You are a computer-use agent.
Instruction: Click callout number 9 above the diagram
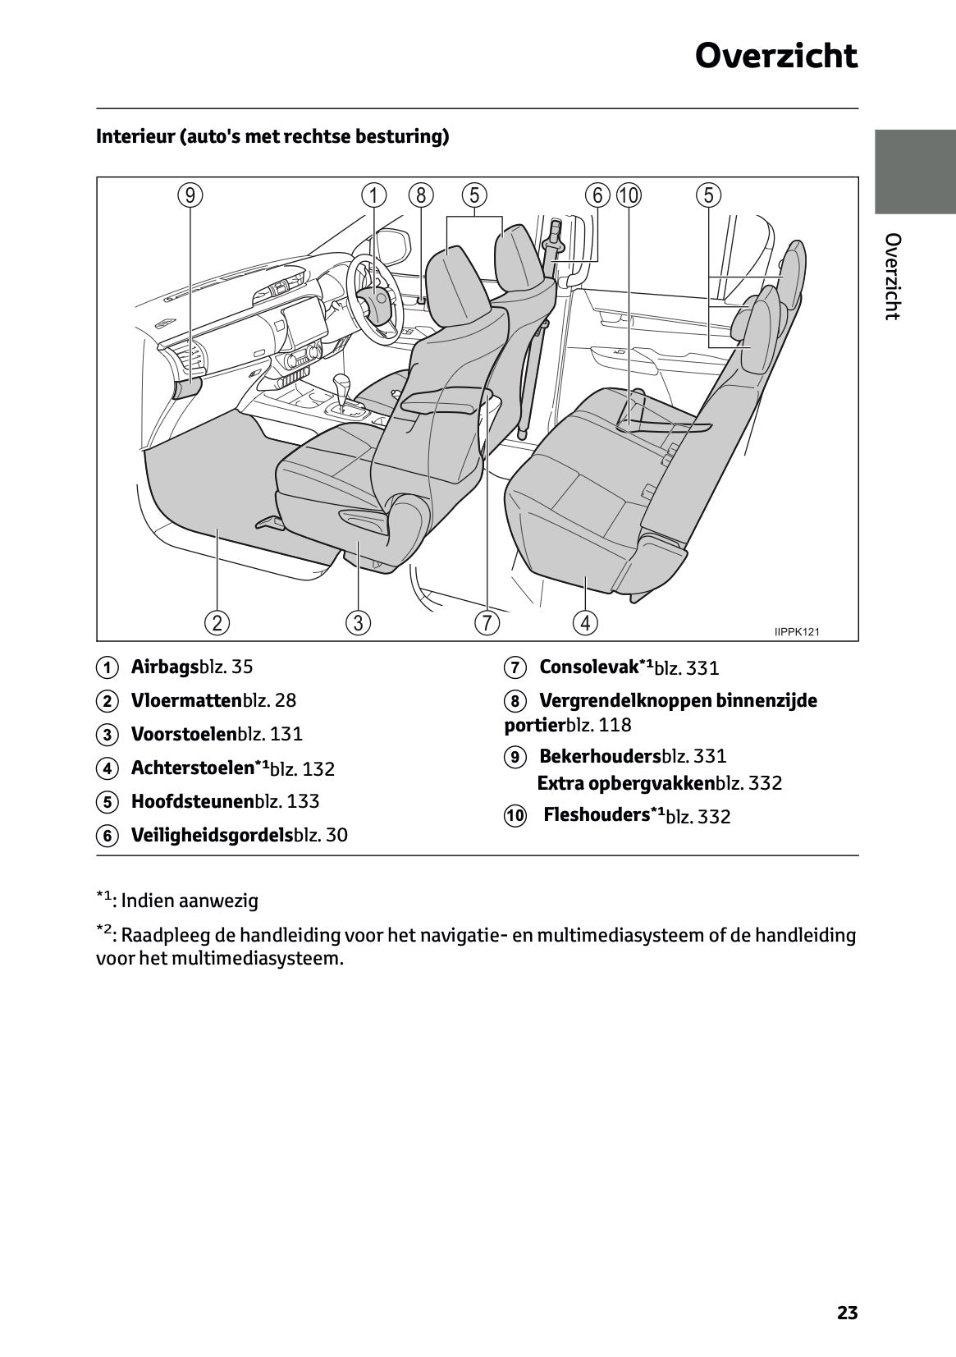(x=190, y=195)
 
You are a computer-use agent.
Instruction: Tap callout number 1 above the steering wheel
(x=373, y=195)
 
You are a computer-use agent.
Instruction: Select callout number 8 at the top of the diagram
(x=421, y=195)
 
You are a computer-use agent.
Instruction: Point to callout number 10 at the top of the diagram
(x=629, y=195)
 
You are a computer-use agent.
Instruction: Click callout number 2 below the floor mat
(x=217, y=622)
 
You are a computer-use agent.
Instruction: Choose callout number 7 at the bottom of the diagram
(x=487, y=622)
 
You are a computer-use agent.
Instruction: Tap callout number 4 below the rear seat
(x=585, y=622)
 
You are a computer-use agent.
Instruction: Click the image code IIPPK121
(x=796, y=631)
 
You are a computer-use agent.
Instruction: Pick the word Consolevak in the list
(x=588, y=667)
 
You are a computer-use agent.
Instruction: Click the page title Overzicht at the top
(x=775, y=56)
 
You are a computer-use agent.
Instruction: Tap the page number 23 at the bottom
(x=847, y=1313)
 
